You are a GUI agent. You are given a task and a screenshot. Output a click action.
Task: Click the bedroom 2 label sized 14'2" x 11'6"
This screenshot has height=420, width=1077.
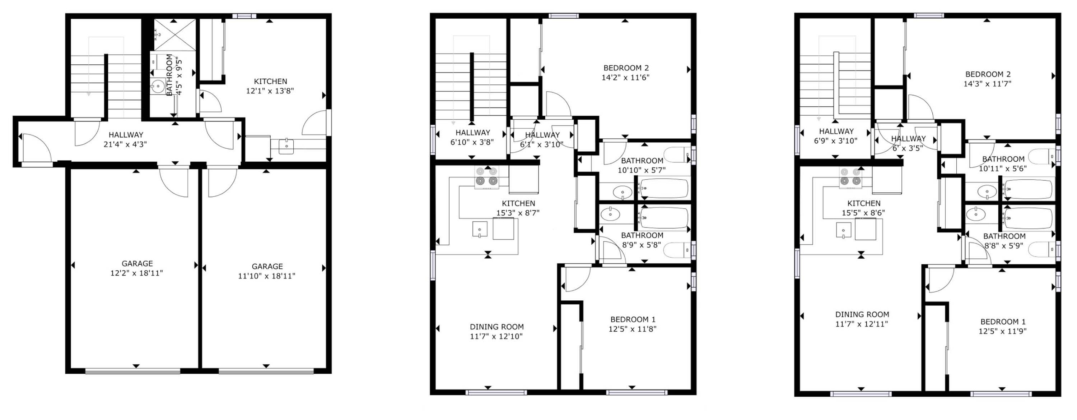[x=625, y=72]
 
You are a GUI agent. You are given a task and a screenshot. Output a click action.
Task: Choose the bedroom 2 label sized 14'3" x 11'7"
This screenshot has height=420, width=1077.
[x=988, y=79]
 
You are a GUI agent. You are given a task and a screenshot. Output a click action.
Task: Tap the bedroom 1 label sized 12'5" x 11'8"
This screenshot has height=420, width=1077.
[x=633, y=324]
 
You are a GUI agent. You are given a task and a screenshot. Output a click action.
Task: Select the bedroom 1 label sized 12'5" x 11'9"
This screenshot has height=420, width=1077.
[x=1003, y=326]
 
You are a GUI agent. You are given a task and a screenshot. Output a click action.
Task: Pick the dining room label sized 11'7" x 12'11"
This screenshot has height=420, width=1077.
[x=862, y=319]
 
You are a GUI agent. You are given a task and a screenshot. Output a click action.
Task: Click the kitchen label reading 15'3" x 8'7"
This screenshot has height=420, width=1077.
[x=518, y=208]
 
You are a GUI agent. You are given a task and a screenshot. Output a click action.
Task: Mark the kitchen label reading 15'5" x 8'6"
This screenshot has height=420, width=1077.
[x=863, y=208]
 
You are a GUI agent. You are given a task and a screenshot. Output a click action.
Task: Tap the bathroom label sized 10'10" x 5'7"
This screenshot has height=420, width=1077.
[x=642, y=165]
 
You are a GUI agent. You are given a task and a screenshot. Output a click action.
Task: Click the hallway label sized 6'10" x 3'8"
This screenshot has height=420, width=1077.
[x=472, y=137]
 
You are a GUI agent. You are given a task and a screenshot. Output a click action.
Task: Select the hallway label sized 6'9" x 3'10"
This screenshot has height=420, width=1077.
[x=836, y=136]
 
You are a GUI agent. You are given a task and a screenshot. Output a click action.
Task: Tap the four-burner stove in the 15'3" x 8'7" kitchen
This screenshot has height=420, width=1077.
[x=487, y=177]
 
